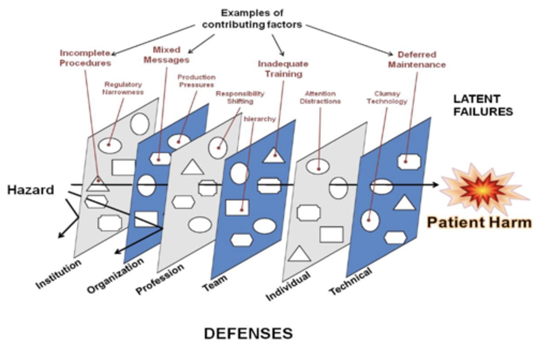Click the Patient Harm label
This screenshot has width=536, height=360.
(x=479, y=222)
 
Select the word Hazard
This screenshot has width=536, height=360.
(x=31, y=190)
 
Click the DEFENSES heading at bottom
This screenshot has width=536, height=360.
(x=248, y=333)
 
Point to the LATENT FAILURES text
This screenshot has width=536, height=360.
(x=483, y=105)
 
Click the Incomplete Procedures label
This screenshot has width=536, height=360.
(x=85, y=58)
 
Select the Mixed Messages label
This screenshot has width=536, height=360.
(x=166, y=55)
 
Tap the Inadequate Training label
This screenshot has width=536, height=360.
(x=283, y=69)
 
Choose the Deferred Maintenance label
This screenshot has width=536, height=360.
(x=417, y=60)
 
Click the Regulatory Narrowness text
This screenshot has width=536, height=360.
(x=123, y=88)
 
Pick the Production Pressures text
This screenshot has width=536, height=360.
(x=196, y=81)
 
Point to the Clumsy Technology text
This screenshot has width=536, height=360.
(x=387, y=98)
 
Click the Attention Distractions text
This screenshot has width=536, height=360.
(x=320, y=98)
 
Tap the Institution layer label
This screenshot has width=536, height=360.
(x=58, y=274)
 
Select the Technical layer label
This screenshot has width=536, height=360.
(x=350, y=281)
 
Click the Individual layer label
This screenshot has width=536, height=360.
(x=288, y=286)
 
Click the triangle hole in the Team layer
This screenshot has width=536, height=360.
(x=275, y=156)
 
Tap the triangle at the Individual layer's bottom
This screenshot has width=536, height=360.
(x=299, y=254)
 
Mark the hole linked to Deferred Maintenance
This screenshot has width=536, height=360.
(x=409, y=162)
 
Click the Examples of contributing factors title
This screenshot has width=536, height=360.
(x=252, y=19)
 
